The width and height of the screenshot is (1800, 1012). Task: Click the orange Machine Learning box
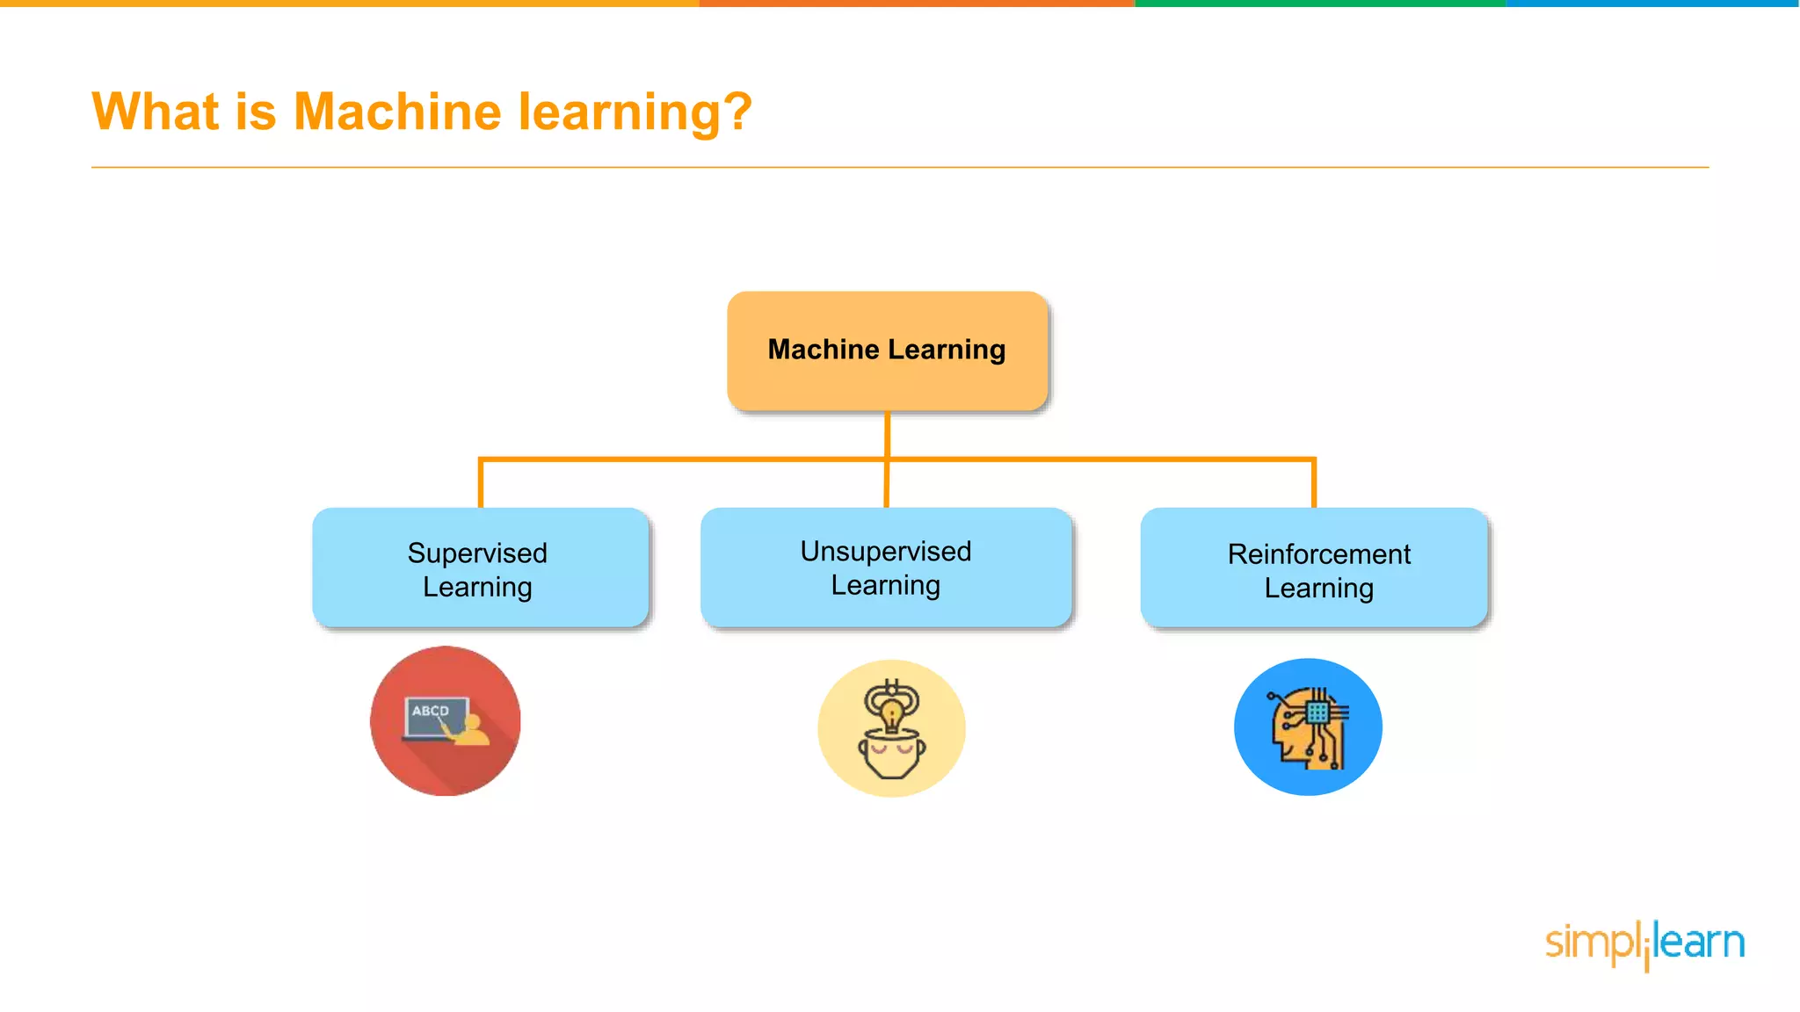pyautogui.click(x=887, y=351)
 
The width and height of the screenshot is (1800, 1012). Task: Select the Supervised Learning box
pyautogui.click(x=480, y=568)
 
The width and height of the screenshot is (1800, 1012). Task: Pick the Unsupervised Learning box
pyautogui.click(x=886, y=567)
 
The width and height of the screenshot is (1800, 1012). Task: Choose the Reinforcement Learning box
pyautogui.click(x=1314, y=568)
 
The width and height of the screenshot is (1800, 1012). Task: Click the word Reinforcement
pyautogui.click(x=1318, y=554)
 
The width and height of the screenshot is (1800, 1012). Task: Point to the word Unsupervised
pyautogui.click(x=885, y=552)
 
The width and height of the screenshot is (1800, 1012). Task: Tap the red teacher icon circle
pyautogui.click(x=446, y=721)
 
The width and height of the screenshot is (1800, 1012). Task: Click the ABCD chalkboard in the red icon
pyautogui.click(x=433, y=715)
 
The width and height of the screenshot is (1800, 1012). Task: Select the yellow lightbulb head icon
pyautogui.click(x=891, y=728)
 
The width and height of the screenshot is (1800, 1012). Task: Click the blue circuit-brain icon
pyautogui.click(x=1308, y=727)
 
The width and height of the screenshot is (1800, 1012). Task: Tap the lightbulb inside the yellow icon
pyautogui.click(x=892, y=714)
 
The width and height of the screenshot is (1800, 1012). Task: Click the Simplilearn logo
pyautogui.click(x=1644, y=943)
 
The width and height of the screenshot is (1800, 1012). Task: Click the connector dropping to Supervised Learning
pyautogui.click(x=481, y=482)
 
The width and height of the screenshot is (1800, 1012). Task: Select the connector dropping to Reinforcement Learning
pyautogui.click(x=1314, y=482)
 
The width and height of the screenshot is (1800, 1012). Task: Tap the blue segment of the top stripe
pyautogui.click(x=1652, y=4)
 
